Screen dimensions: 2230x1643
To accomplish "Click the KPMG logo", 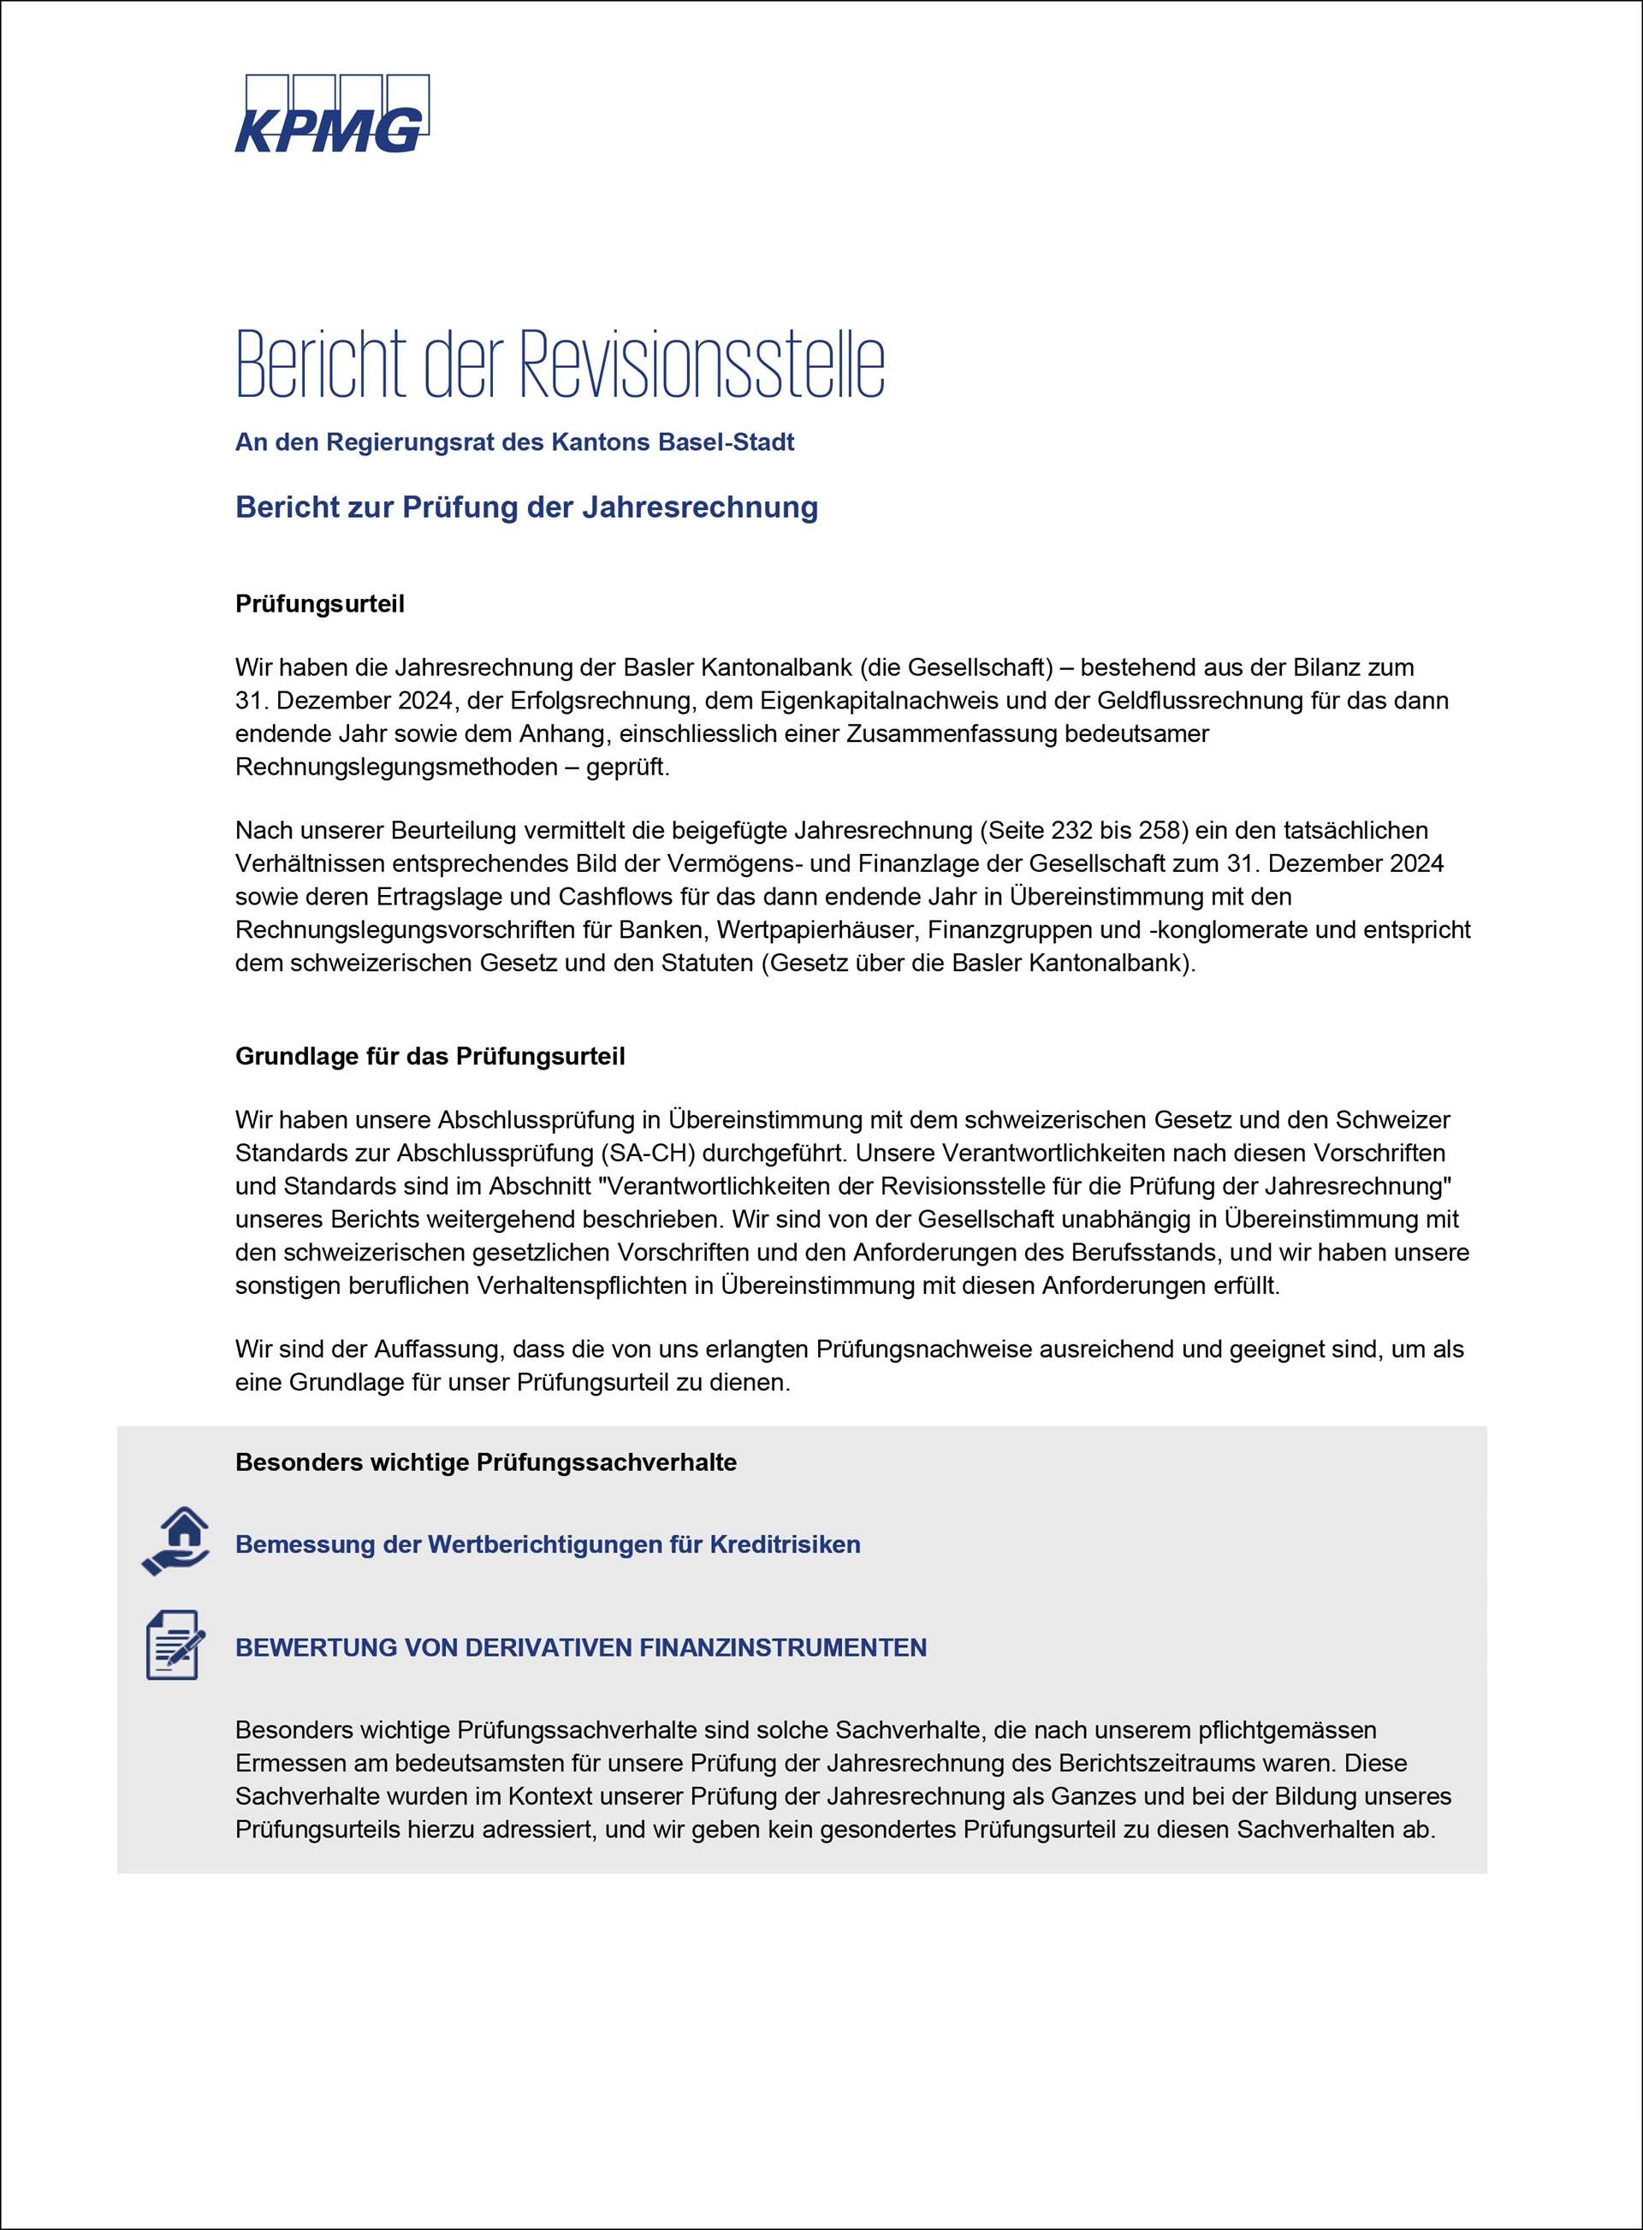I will click(x=331, y=114).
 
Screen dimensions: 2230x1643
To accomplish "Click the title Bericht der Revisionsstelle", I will click(x=560, y=363).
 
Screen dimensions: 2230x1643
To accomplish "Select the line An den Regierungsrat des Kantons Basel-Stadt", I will click(x=514, y=442).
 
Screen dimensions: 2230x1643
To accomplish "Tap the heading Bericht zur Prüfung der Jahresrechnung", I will click(x=526, y=507).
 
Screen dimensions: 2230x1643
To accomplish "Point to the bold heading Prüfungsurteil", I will click(x=319, y=604).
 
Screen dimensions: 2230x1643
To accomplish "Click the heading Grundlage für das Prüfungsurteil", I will click(x=430, y=1056).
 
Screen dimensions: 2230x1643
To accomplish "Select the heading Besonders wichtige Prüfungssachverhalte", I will click(x=485, y=1462).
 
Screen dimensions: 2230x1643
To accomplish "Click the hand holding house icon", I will click(x=176, y=1540).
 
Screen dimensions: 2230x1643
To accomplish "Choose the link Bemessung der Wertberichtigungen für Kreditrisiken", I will click(x=547, y=1545).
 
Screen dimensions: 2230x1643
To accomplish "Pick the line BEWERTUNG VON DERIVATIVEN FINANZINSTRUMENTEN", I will click(x=581, y=1647).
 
